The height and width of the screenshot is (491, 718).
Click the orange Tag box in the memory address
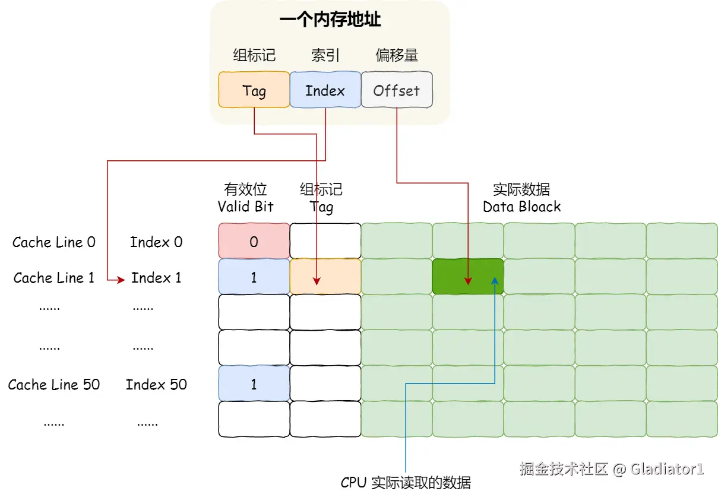pos(254,90)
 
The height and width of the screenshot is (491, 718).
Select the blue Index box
pos(325,90)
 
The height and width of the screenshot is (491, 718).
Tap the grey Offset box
pos(396,90)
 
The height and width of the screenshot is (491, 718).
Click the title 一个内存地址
pos(330,20)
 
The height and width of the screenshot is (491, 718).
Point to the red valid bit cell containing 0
pos(254,242)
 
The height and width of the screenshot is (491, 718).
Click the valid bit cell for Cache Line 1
pos(254,277)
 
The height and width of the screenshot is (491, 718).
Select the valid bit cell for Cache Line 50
pos(254,384)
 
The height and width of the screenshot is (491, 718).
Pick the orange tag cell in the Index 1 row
pos(325,277)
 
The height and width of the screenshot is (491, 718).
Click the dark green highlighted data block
pos(467,277)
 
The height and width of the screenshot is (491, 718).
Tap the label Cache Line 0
pos(54,242)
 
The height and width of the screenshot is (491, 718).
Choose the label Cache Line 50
pos(54,385)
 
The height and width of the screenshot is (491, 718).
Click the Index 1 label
pos(156,278)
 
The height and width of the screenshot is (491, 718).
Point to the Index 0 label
pos(156,242)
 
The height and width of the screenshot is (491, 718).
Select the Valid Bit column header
pos(245,207)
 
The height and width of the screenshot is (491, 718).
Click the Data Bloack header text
pos(521,207)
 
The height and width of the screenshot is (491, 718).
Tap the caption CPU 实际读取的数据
pos(406,482)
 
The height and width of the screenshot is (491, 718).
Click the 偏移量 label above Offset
pos(397,56)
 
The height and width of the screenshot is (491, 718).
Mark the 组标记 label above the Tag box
pos(254,56)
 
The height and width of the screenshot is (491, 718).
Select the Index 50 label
pos(156,385)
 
